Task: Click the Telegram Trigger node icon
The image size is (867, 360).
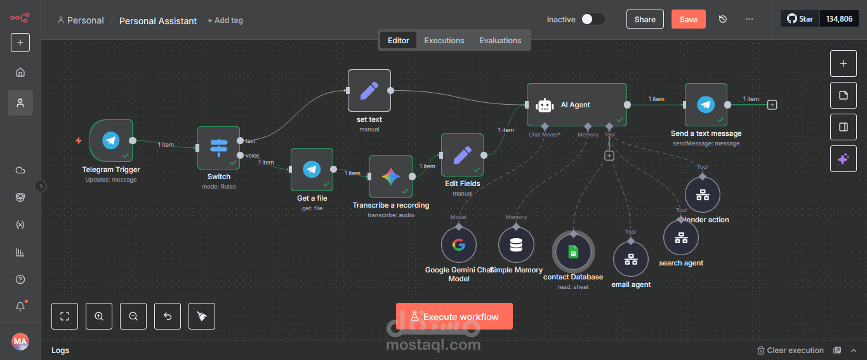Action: pos(111,141)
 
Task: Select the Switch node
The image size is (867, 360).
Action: pos(218,148)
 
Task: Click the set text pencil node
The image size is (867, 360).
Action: pos(369,90)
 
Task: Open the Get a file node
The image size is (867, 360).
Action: pos(312,170)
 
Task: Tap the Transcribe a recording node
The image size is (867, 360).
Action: pos(390,177)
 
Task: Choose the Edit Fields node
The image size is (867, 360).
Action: pos(462,154)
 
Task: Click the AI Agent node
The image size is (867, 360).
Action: pos(576,105)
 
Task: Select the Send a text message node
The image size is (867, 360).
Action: pos(706,105)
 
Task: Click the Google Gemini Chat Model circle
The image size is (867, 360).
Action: pos(459,245)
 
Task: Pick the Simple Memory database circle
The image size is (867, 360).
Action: pos(516,245)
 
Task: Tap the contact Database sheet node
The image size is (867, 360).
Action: pos(573,252)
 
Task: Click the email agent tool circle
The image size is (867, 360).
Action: pos(631,259)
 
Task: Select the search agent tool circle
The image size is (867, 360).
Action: pos(681,237)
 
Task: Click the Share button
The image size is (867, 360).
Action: pos(645,19)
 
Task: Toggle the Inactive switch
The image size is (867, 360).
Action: pos(593,19)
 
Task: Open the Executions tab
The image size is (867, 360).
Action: pos(444,41)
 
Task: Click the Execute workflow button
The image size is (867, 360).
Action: pos(454,316)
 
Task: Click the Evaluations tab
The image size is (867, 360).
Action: pos(500,41)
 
